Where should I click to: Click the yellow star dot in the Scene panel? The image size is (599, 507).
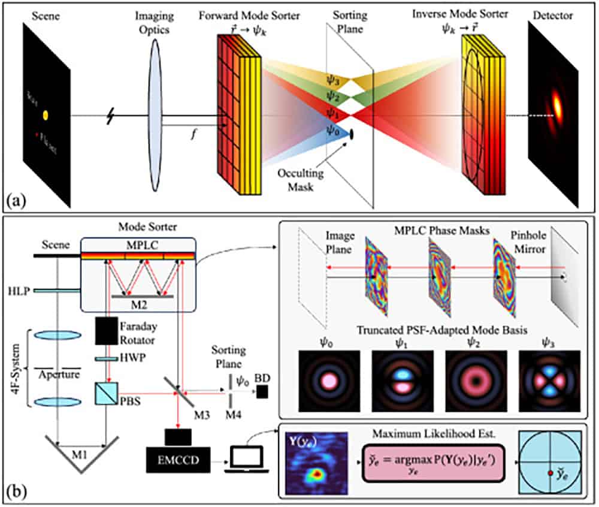tap(45, 114)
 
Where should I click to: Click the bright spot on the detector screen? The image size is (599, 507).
tap(558, 106)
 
